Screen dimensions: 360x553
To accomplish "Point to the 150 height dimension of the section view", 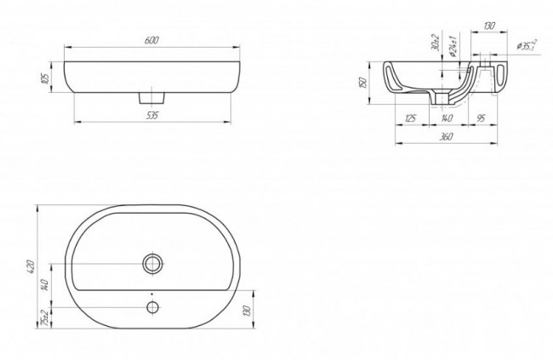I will coord(363,83).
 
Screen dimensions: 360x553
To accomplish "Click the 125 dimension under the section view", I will coord(410,118).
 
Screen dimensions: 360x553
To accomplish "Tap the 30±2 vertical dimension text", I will coord(436,43).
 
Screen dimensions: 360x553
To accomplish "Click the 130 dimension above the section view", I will coord(489,26).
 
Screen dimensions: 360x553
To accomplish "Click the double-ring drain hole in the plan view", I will coord(154,263).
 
